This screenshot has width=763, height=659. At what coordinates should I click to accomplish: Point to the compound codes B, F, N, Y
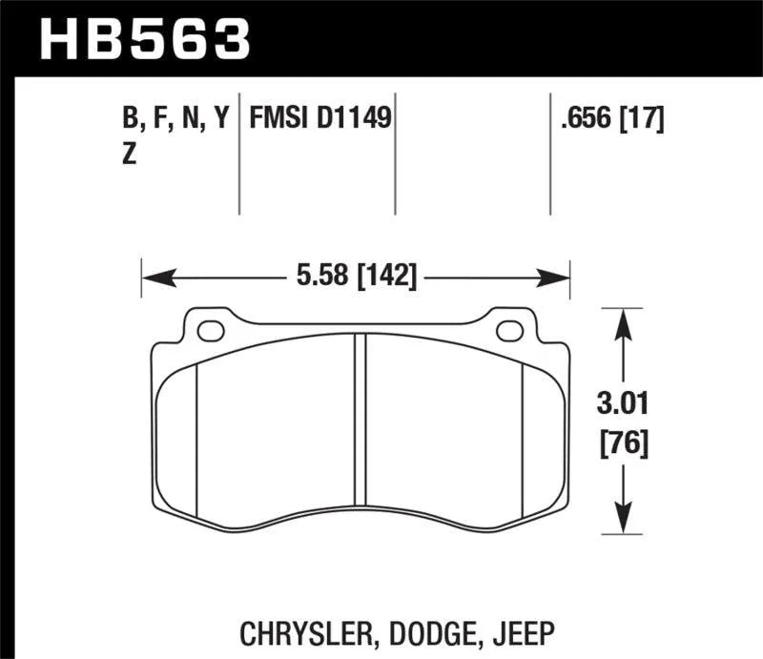[175, 119]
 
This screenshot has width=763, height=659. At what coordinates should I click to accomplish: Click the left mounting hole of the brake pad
[211, 331]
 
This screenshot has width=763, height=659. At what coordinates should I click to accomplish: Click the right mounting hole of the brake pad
[510, 331]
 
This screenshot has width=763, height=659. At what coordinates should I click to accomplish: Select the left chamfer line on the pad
[196, 439]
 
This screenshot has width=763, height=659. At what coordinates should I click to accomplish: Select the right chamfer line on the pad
[525, 439]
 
